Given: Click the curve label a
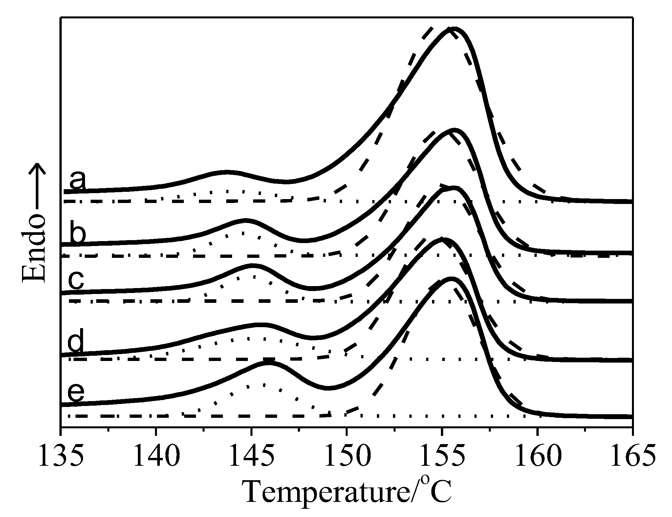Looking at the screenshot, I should [77, 181].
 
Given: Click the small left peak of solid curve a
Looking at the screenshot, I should [227, 172].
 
